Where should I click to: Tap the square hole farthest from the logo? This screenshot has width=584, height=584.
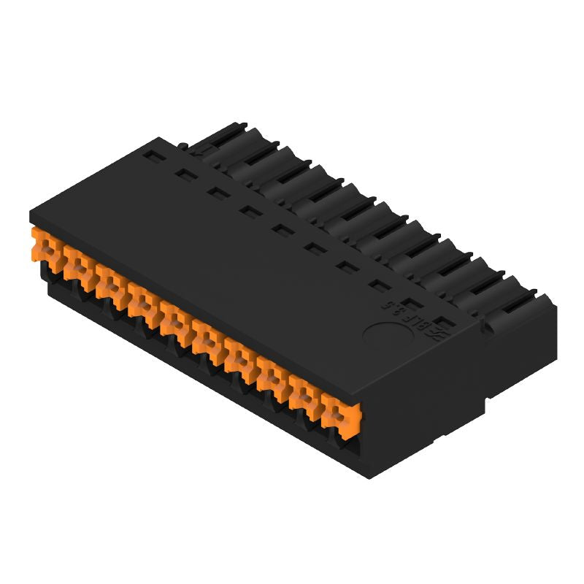pos(151,155)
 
